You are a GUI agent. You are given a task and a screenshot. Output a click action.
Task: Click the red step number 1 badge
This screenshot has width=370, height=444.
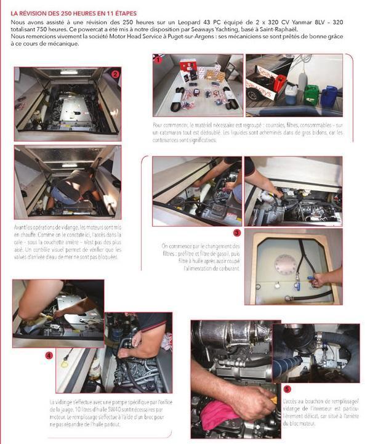(x=158, y=60)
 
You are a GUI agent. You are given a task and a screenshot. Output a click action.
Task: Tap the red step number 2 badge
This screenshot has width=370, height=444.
(x=115, y=74)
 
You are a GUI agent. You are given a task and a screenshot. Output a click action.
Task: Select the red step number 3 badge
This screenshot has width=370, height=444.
(x=237, y=233)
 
